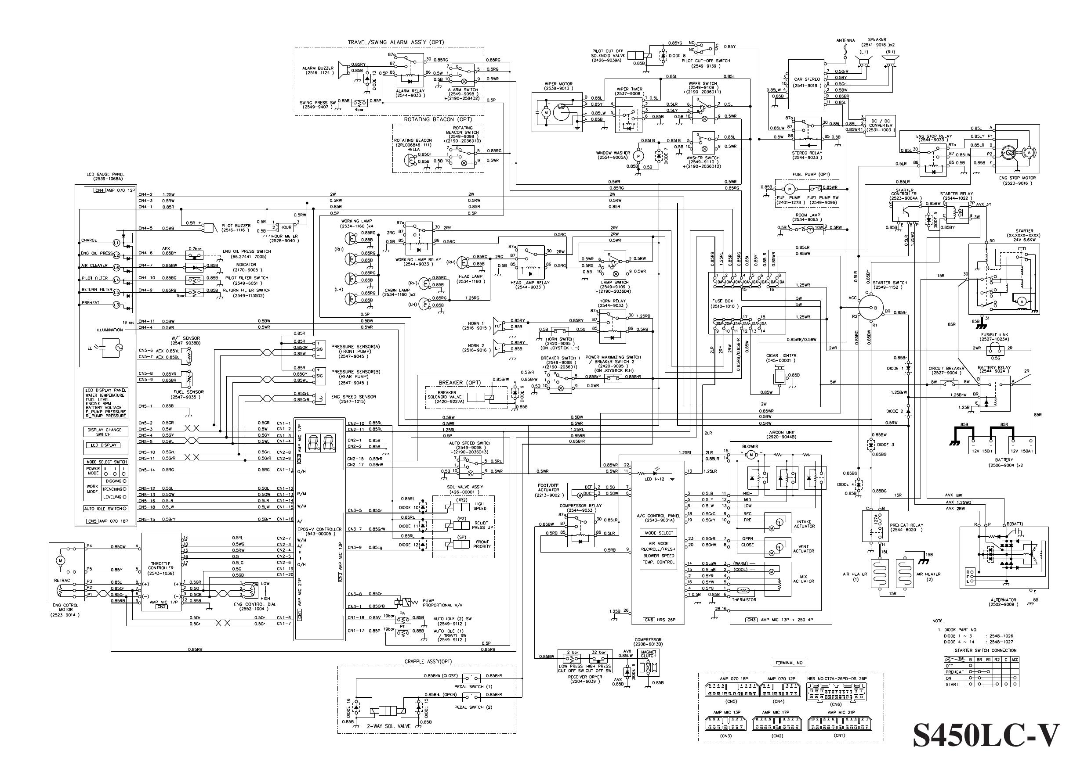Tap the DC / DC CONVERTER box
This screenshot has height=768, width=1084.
(x=880, y=126)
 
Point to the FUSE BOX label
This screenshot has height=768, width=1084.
(x=722, y=300)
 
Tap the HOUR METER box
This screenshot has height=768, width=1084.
(x=286, y=227)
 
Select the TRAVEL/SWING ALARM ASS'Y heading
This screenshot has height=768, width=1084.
(x=396, y=42)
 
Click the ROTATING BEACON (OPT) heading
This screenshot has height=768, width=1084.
(x=438, y=119)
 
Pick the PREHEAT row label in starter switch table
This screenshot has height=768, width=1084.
(x=954, y=671)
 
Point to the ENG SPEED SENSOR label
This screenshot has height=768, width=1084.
(x=354, y=397)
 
